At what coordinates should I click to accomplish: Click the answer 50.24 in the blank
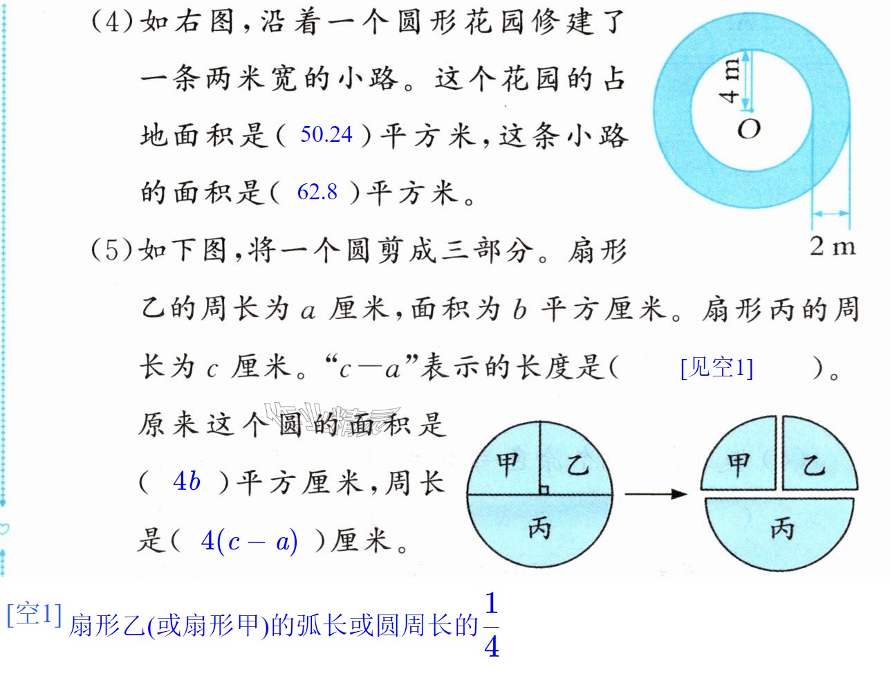point(326,134)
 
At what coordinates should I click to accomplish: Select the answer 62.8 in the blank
point(317,192)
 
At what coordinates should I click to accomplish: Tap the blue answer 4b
point(187,482)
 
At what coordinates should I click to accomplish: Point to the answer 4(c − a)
point(250,541)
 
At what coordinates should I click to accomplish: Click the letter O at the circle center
point(748,129)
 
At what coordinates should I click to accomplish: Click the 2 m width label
point(833,246)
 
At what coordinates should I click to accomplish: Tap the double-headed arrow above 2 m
point(831,213)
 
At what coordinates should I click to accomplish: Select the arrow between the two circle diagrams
point(656,494)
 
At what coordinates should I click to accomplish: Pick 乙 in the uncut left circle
point(578,465)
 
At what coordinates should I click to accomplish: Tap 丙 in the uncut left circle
point(539,528)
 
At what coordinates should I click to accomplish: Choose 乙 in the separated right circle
point(814,466)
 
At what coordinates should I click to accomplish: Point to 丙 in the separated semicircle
point(782,528)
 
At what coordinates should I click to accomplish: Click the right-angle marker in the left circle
point(544,490)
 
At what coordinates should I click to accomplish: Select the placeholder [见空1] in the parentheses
point(716,367)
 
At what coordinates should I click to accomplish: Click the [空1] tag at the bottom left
point(35,614)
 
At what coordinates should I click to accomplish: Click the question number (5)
point(112,249)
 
